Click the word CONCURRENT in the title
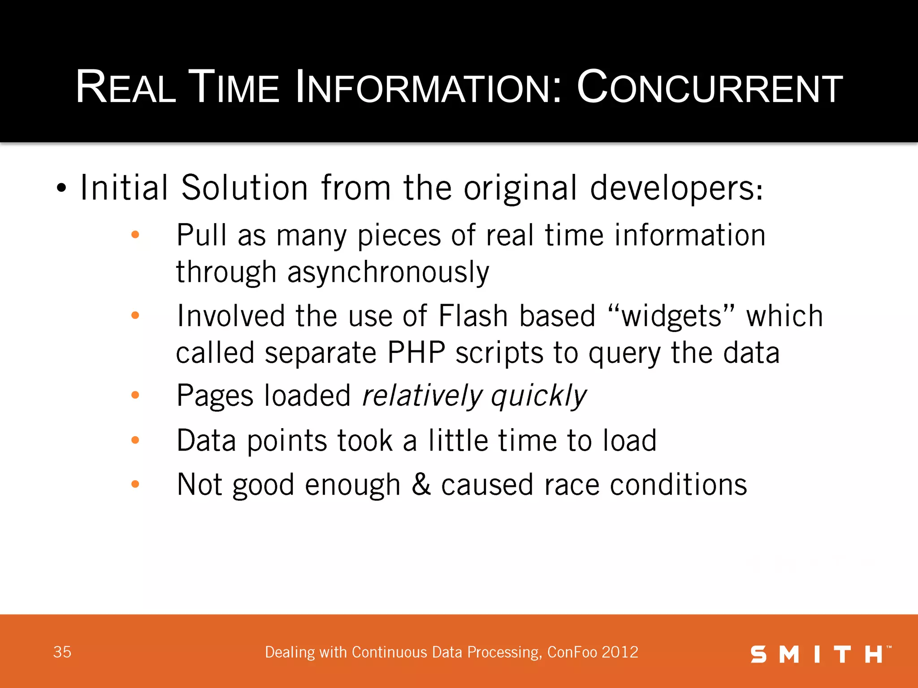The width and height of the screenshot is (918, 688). (x=710, y=87)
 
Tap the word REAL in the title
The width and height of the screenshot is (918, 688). (x=126, y=87)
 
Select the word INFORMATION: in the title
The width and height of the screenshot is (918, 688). (x=428, y=87)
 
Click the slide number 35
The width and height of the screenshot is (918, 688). (x=62, y=652)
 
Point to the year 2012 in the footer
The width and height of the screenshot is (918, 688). (x=620, y=652)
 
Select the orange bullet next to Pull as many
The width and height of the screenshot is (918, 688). (x=135, y=235)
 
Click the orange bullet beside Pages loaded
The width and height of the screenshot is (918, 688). (x=135, y=395)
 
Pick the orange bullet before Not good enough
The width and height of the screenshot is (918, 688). (x=135, y=484)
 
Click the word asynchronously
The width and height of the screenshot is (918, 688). (x=388, y=272)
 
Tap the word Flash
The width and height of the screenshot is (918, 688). (x=472, y=316)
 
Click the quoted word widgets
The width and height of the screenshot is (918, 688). (x=671, y=316)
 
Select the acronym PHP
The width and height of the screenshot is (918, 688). (x=416, y=353)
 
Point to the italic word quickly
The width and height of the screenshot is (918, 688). (x=538, y=396)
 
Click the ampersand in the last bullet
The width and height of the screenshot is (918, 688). (x=421, y=484)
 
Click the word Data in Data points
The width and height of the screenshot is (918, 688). (x=206, y=440)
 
